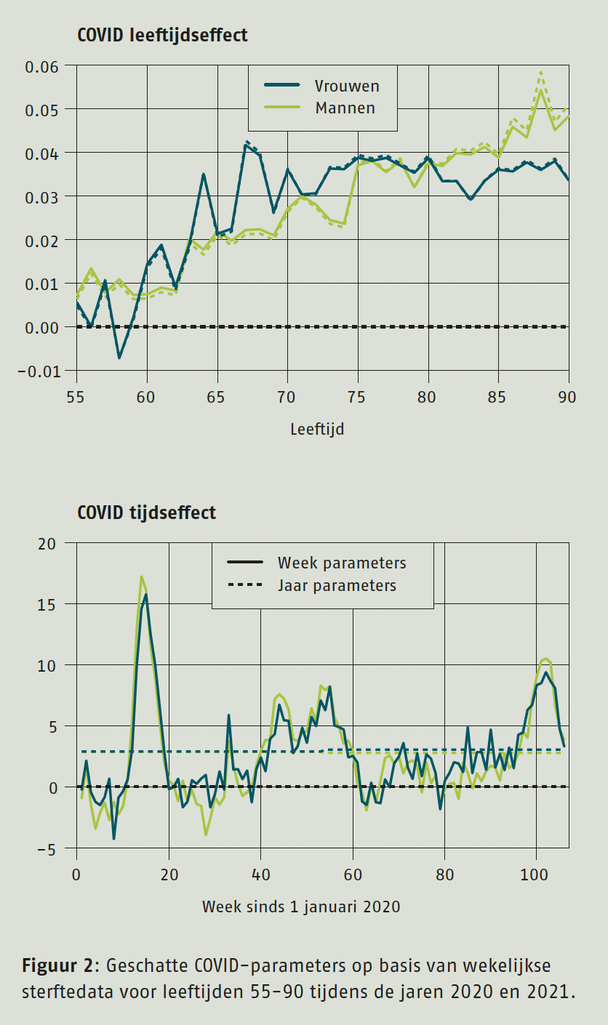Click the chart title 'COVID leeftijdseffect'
pos(162,35)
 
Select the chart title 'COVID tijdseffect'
pos(146,512)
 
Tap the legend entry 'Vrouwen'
pos(346,86)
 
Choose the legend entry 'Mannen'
pos(345,108)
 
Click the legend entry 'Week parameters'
pos(342,563)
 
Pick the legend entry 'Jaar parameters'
pos(337,585)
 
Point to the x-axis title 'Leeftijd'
pos(317,429)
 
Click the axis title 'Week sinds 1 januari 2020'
pos(301,907)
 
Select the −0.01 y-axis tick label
pos(42,371)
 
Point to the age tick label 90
pos(567,398)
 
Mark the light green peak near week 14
pos(141,576)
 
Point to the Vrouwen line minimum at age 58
pos(119,358)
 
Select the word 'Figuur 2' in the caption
pos(57,965)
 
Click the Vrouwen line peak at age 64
pos(204,174)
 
